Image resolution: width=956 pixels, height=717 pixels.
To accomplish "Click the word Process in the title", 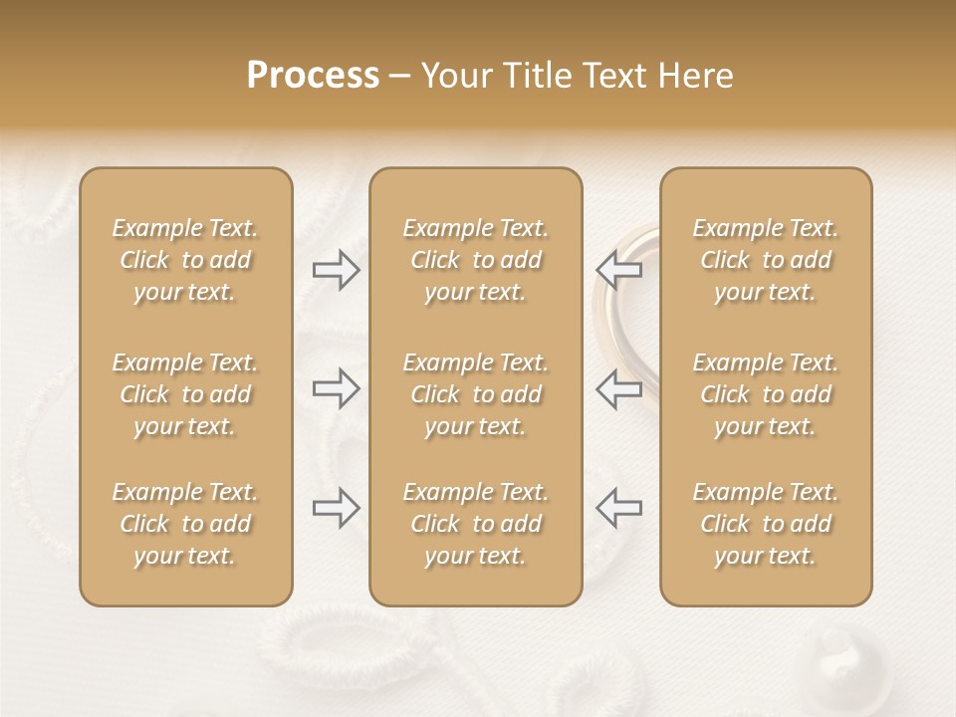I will click(313, 76).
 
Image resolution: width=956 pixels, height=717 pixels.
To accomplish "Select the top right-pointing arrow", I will click(337, 270).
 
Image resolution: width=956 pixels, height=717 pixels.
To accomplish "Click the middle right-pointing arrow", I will click(337, 388).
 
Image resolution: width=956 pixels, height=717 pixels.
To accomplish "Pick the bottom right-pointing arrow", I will click(337, 508).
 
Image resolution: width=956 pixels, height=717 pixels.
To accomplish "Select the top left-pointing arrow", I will click(619, 270).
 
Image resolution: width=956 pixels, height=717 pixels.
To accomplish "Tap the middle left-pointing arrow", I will click(619, 388).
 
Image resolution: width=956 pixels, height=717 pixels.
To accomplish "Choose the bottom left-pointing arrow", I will click(619, 508).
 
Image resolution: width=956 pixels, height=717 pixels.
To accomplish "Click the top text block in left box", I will click(185, 260).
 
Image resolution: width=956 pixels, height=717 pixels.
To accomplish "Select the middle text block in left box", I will click(185, 394).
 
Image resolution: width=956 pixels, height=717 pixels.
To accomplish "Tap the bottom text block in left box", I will click(185, 524).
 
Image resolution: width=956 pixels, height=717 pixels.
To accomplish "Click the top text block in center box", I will click(475, 260).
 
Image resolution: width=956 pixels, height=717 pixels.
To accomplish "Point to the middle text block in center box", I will click(475, 394).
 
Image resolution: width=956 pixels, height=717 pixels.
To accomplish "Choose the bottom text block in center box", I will click(475, 524).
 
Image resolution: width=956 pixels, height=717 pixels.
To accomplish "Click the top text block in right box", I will click(766, 260).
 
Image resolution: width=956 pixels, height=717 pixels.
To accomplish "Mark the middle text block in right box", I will click(766, 394).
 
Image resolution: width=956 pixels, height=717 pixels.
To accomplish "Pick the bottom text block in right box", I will click(766, 524).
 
